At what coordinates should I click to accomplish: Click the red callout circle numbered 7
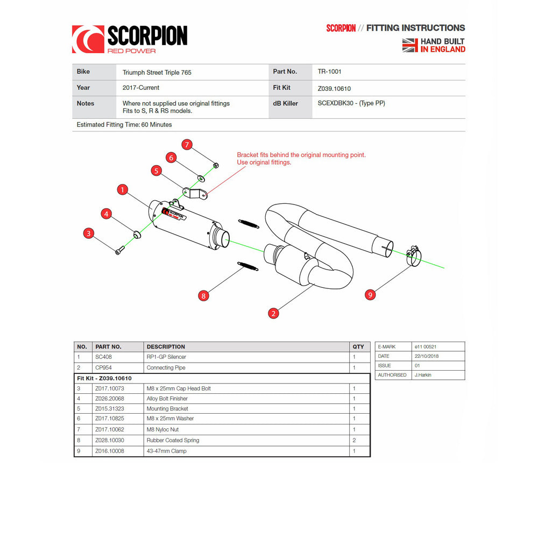[x=187, y=144]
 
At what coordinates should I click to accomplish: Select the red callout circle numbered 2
[x=273, y=313]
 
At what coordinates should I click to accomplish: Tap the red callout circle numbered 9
[x=370, y=294]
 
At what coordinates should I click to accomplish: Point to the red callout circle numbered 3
[x=89, y=233]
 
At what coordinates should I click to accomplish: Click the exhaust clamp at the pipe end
[x=412, y=256]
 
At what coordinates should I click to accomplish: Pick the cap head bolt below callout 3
[x=119, y=250]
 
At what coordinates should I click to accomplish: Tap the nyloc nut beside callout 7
[x=216, y=164]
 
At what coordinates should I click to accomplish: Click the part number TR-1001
[x=329, y=72]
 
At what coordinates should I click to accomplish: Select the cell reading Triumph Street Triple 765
[x=157, y=72]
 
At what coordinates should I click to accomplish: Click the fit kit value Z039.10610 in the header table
[x=334, y=88]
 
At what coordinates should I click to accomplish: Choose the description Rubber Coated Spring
[x=173, y=440]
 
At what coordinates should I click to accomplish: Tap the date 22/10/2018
[x=427, y=356]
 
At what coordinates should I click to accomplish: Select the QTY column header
[x=358, y=347]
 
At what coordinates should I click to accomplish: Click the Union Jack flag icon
[x=410, y=45]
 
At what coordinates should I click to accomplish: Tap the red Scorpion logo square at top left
[x=88, y=39]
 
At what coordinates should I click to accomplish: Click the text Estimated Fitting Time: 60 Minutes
[x=124, y=125]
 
